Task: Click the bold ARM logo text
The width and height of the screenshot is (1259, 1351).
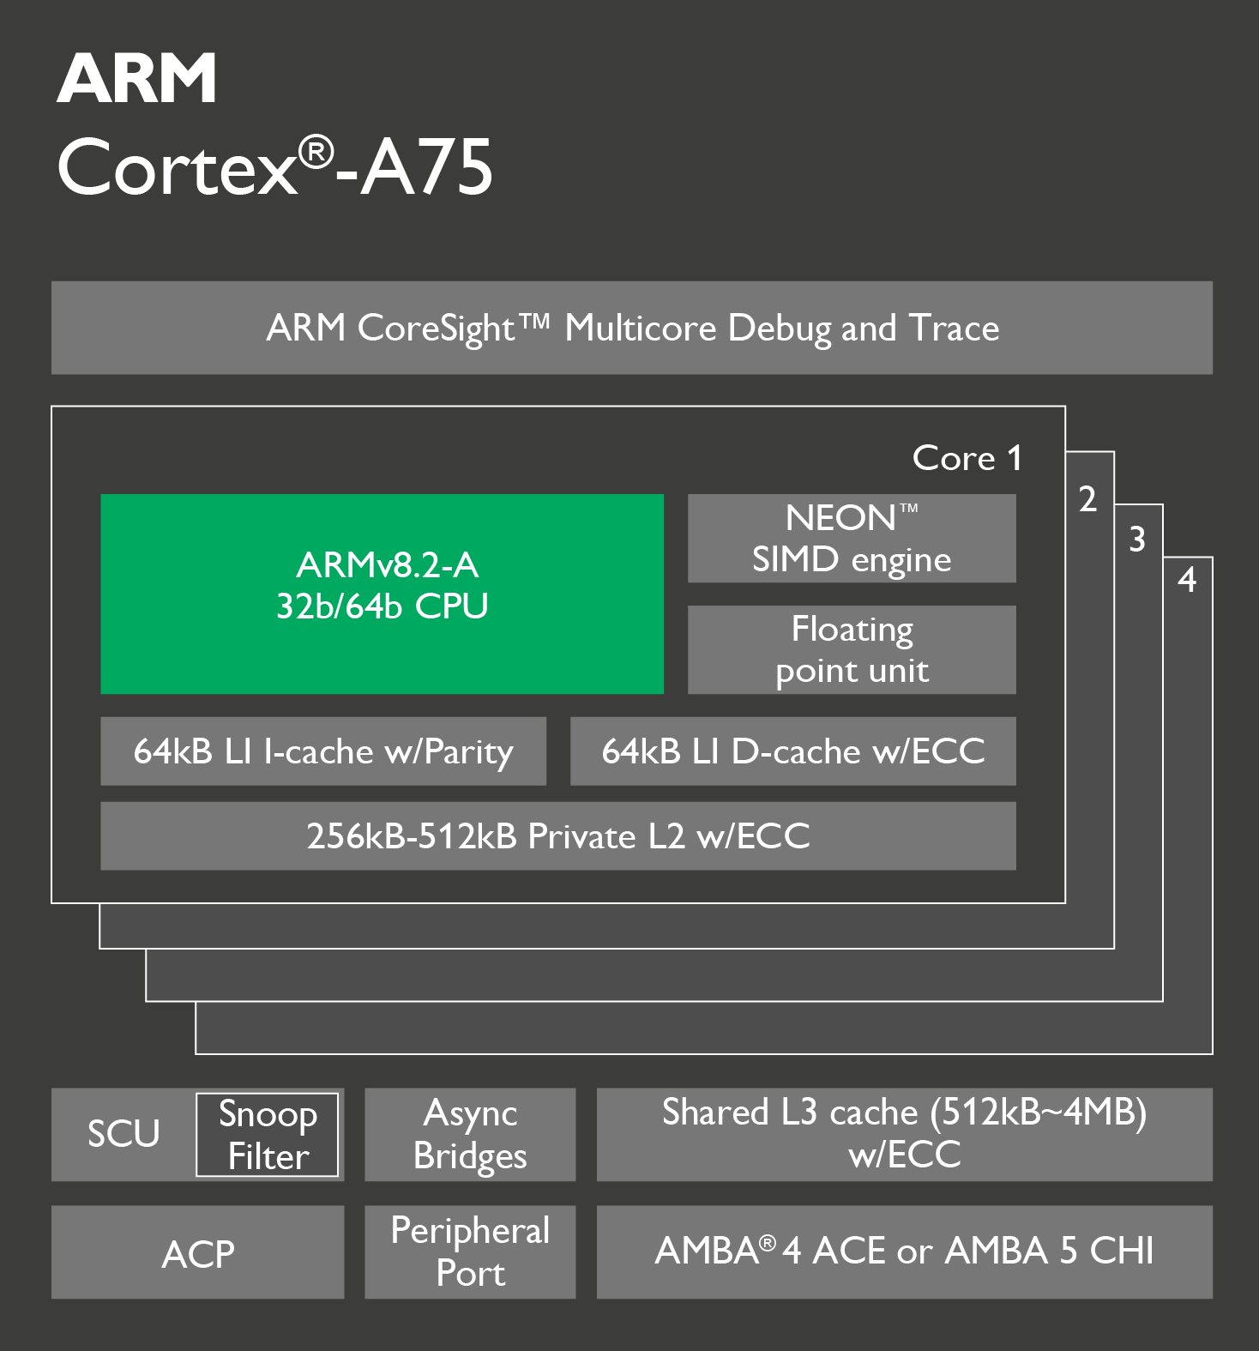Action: click(136, 78)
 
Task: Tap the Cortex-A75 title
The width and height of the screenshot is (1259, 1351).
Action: click(274, 166)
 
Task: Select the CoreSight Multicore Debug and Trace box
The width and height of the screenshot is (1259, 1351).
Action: click(632, 328)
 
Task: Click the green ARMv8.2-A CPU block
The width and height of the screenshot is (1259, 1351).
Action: click(383, 594)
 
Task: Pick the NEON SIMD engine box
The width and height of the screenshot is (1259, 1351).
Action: click(852, 538)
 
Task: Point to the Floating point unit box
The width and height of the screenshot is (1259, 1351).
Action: click(852, 649)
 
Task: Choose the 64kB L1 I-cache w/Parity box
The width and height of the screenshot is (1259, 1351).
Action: click(323, 751)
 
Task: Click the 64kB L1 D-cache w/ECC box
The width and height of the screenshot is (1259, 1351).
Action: click(793, 751)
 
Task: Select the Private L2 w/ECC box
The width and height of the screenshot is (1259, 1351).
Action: click(558, 836)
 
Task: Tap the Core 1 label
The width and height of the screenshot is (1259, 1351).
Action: click(967, 458)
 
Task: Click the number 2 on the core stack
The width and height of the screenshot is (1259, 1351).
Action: click(1088, 499)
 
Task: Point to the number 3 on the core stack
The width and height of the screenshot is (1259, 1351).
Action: click(1137, 540)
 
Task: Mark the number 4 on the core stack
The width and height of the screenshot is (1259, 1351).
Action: click(1187, 580)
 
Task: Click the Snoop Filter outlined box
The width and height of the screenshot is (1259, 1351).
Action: click(268, 1135)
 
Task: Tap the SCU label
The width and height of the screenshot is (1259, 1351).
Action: click(123, 1134)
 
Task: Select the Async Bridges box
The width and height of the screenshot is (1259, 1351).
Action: click(470, 1135)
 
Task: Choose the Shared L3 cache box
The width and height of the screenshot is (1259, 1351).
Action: click(905, 1135)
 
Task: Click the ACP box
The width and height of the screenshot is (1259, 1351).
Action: click(198, 1252)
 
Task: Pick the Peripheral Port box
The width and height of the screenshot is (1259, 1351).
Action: click(470, 1252)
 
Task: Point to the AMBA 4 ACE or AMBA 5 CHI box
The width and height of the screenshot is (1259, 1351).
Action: click(905, 1252)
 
